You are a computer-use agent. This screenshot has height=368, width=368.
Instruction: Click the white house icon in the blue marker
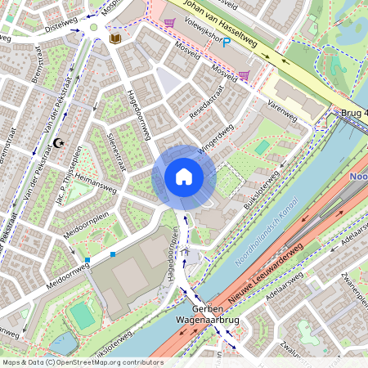click(184, 177)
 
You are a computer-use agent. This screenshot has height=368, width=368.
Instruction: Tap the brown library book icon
click(114, 38)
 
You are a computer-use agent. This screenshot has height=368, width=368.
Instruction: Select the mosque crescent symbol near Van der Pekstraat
click(58, 143)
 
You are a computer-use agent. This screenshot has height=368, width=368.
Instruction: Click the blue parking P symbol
click(226, 42)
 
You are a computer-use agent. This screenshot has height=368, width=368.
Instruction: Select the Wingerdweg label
click(216, 135)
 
